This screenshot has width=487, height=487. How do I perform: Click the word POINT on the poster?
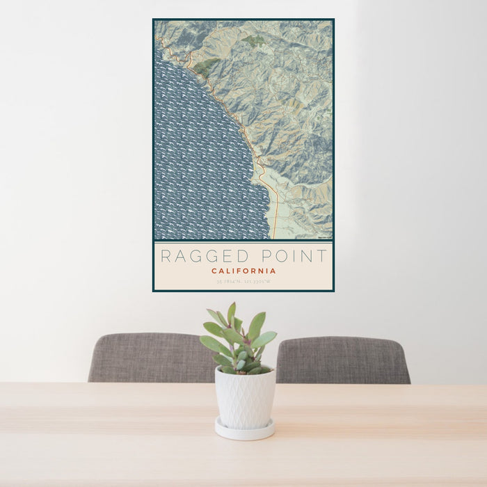tap(292, 256)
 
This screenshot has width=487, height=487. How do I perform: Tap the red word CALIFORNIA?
tap(243, 271)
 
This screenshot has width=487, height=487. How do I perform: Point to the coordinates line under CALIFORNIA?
tap(243, 282)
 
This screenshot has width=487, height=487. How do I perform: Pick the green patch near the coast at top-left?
tap(205, 67)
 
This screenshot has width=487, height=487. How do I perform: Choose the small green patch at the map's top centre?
tap(253, 41)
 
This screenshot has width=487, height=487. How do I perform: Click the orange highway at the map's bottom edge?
tap(275, 230)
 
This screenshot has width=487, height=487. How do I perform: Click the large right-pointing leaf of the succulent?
tap(264, 339)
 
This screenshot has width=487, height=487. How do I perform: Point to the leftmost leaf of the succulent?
tap(207, 342)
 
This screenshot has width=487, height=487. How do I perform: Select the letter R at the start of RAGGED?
tap(166, 256)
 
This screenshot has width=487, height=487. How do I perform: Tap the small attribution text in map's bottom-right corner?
tap(324, 237)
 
